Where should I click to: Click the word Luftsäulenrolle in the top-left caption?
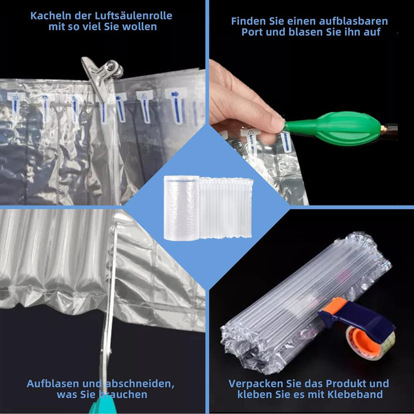coord(134,16)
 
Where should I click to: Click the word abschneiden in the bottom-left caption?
coord(139,384)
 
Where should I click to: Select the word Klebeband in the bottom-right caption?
coord(355,394)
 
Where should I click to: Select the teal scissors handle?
coord(103,405)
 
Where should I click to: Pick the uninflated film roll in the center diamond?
coord(182,208)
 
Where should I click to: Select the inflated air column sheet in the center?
coord(226,208)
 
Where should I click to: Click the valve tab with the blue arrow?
coord(175,105)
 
